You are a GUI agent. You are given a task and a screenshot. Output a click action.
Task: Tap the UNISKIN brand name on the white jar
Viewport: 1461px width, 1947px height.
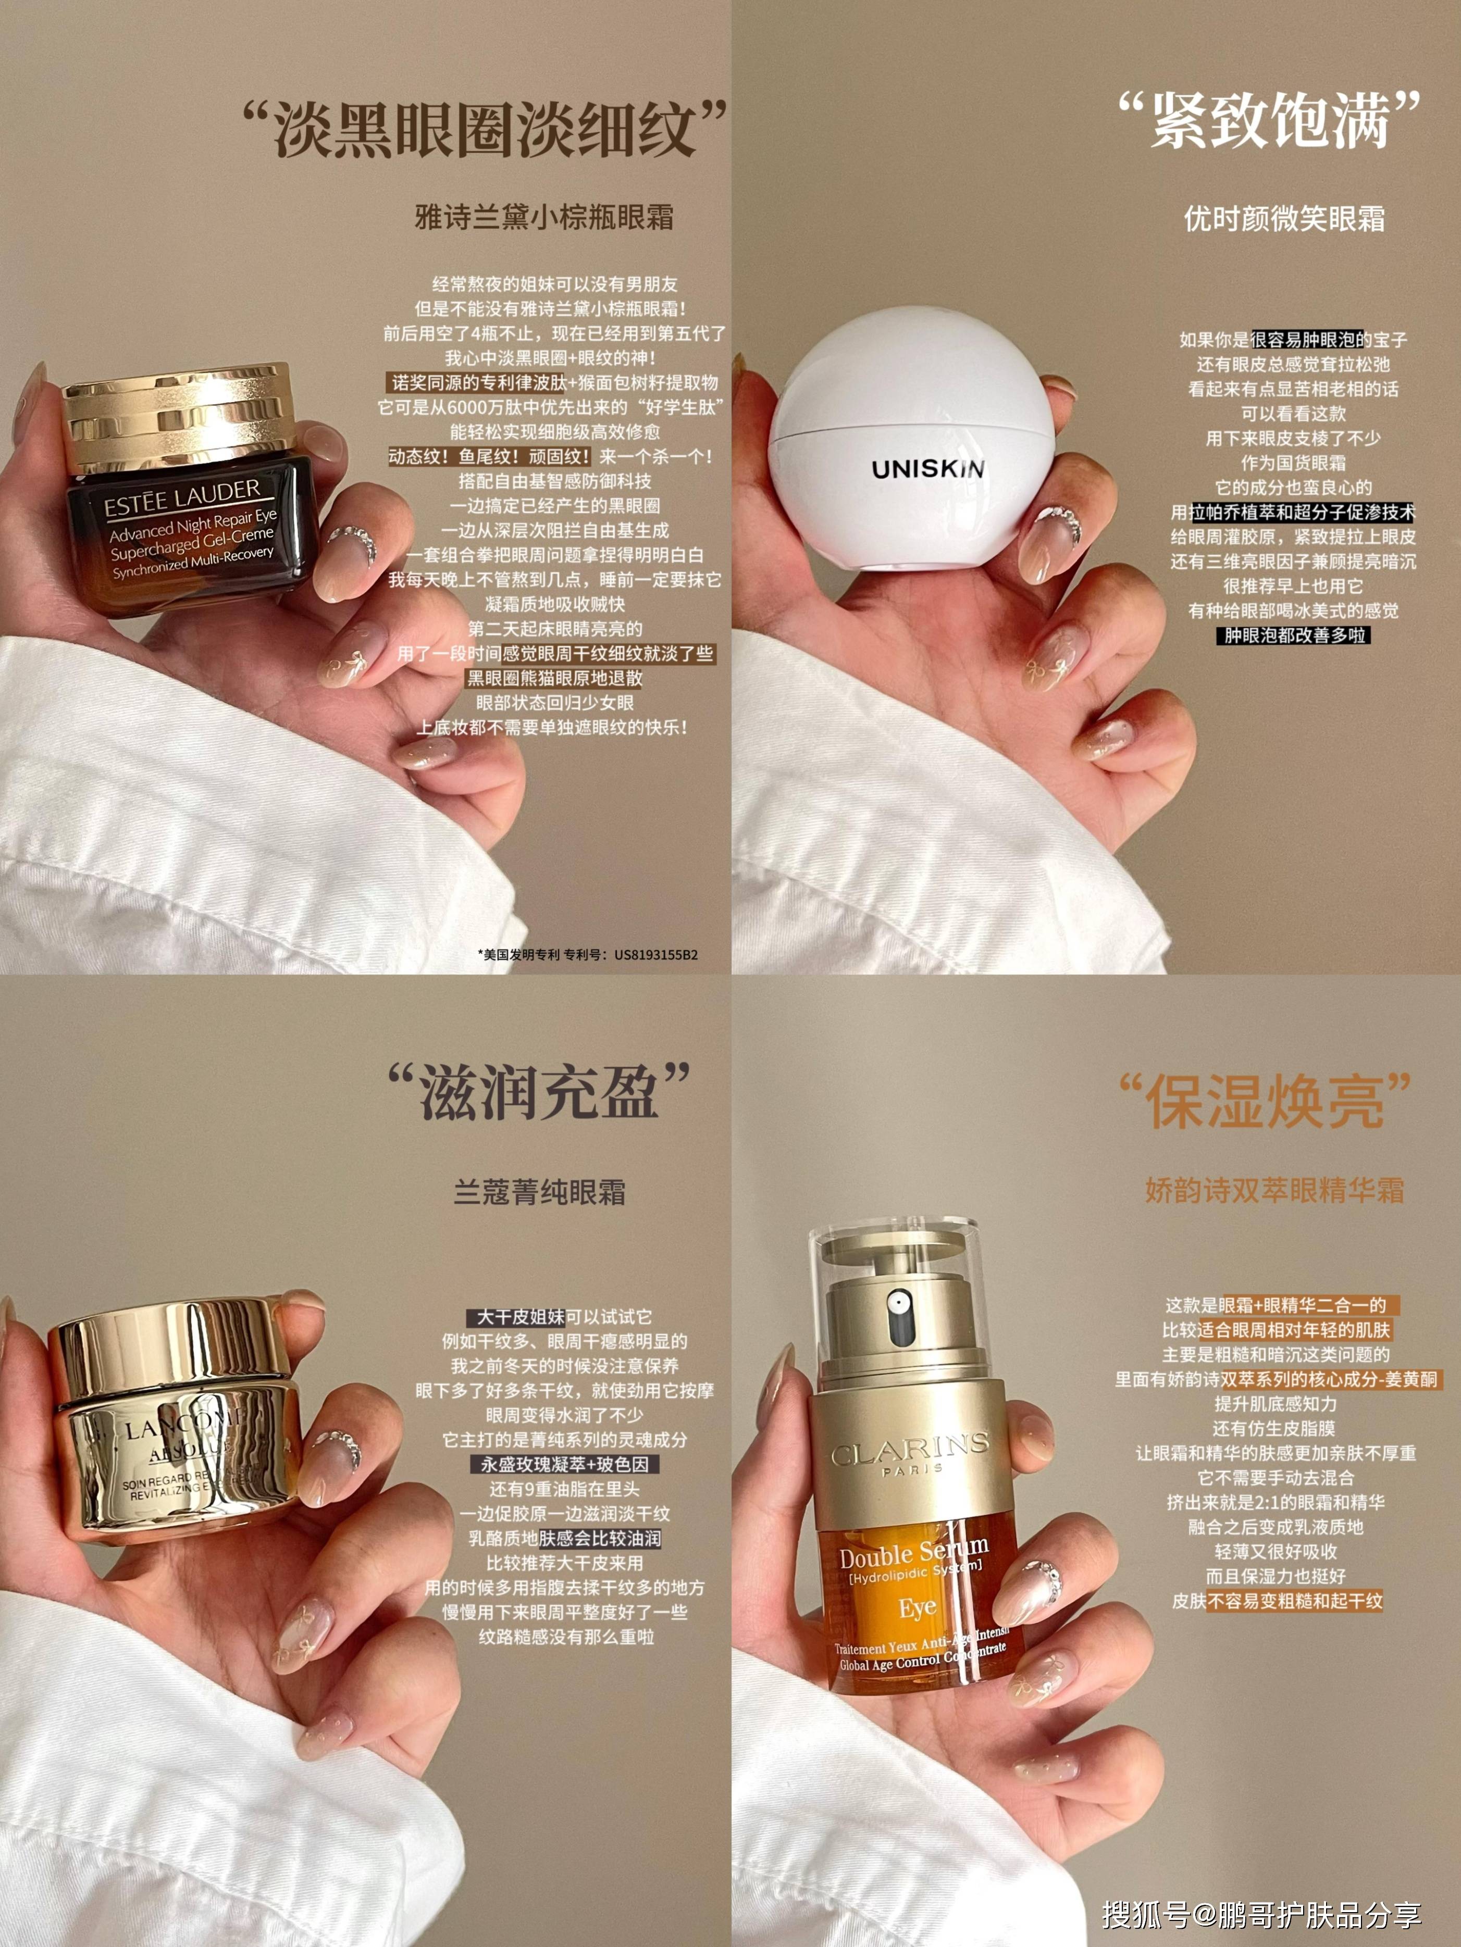coord(927,467)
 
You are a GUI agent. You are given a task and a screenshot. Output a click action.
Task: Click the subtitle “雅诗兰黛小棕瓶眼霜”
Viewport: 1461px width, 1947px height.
coord(544,217)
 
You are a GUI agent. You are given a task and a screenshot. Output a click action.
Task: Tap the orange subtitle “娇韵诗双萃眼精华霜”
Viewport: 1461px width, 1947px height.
coord(1274,1190)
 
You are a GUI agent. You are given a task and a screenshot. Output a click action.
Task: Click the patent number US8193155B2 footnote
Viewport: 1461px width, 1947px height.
coord(587,954)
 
